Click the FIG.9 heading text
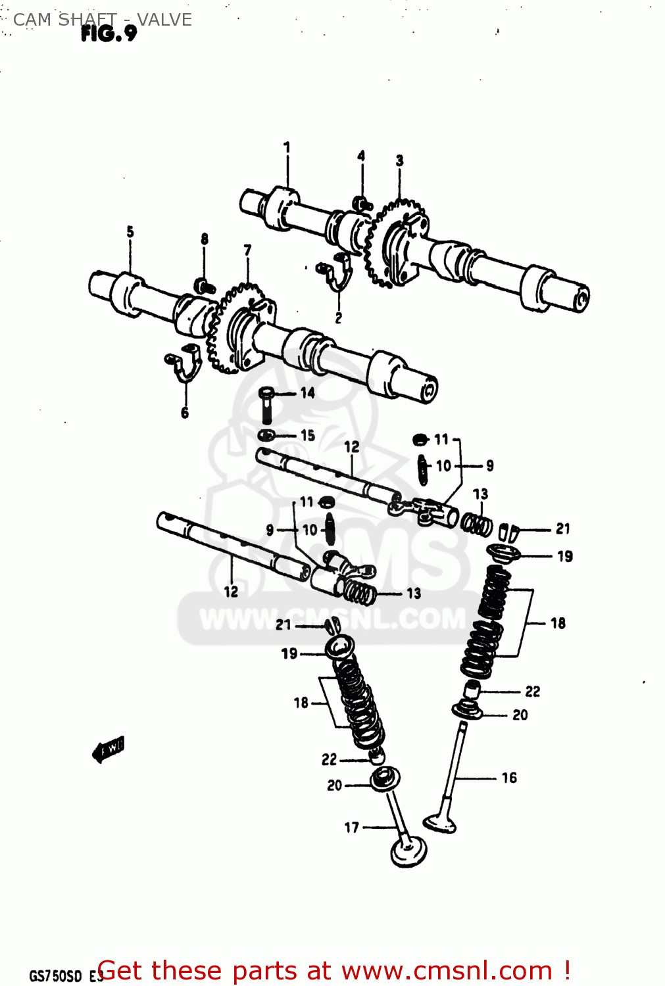pyautogui.click(x=109, y=34)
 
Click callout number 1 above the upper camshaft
pyautogui.click(x=287, y=147)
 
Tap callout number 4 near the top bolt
pyautogui.click(x=361, y=156)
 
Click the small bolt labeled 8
pyautogui.click(x=204, y=285)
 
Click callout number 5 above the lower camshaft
pyautogui.click(x=130, y=232)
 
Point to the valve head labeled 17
pyautogui.click(x=408, y=852)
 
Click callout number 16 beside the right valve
pyautogui.click(x=509, y=778)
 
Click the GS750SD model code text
pyautogui.click(x=55, y=975)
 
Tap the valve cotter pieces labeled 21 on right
pyautogui.click(x=510, y=531)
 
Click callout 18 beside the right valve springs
pyautogui.click(x=558, y=623)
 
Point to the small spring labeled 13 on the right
pyautogui.click(x=476, y=524)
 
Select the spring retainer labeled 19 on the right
pyautogui.click(x=503, y=552)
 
